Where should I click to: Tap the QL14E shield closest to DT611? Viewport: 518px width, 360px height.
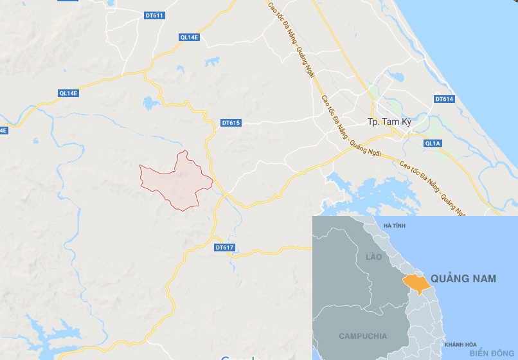tap(190, 37)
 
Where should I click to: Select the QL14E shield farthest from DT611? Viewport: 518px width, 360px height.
tap(68, 93)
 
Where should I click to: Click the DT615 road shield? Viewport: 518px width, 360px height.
tap(230, 123)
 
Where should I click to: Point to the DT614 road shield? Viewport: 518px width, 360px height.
tap(444, 99)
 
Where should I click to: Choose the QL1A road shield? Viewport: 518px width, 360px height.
tap(433, 143)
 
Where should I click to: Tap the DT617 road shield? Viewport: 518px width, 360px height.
tap(224, 248)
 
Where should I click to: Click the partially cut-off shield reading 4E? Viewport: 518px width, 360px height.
tap(3, 130)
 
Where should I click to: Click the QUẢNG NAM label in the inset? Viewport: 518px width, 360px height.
tap(463, 279)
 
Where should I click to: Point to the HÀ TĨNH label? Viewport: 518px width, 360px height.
tap(395, 226)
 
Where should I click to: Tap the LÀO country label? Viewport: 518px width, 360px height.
tap(373, 257)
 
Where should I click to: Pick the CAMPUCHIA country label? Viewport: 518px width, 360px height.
tap(363, 336)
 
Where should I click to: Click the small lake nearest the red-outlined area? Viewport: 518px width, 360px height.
tap(150, 102)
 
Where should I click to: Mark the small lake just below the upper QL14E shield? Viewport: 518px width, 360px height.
tap(210, 62)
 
